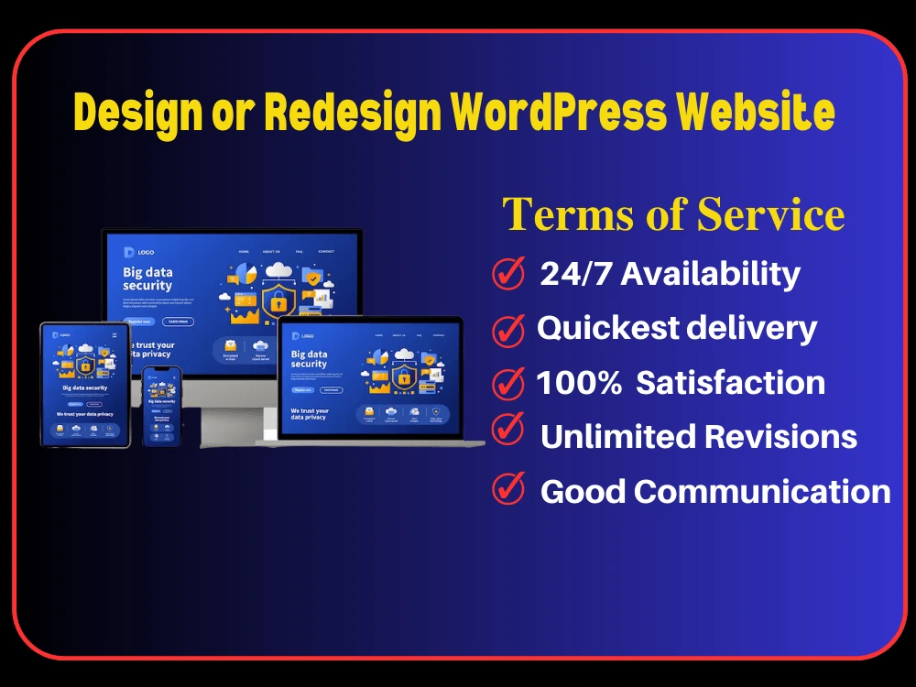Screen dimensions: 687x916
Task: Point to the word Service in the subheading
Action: click(x=770, y=215)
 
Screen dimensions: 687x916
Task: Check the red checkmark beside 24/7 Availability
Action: click(x=508, y=272)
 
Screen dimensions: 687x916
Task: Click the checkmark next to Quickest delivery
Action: click(x=508, y=330)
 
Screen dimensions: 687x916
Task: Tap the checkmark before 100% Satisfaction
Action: click(x=508, y=383)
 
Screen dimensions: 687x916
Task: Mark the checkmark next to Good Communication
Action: click(x=508, y=487)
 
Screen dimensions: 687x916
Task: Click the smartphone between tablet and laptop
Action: click(x=161, y=407)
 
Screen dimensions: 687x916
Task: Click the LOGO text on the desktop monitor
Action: click(x=146, y=252)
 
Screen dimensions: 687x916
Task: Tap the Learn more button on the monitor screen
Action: click(x=177, y=322)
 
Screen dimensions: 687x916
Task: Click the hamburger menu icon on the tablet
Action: click(x=114, y=335)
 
